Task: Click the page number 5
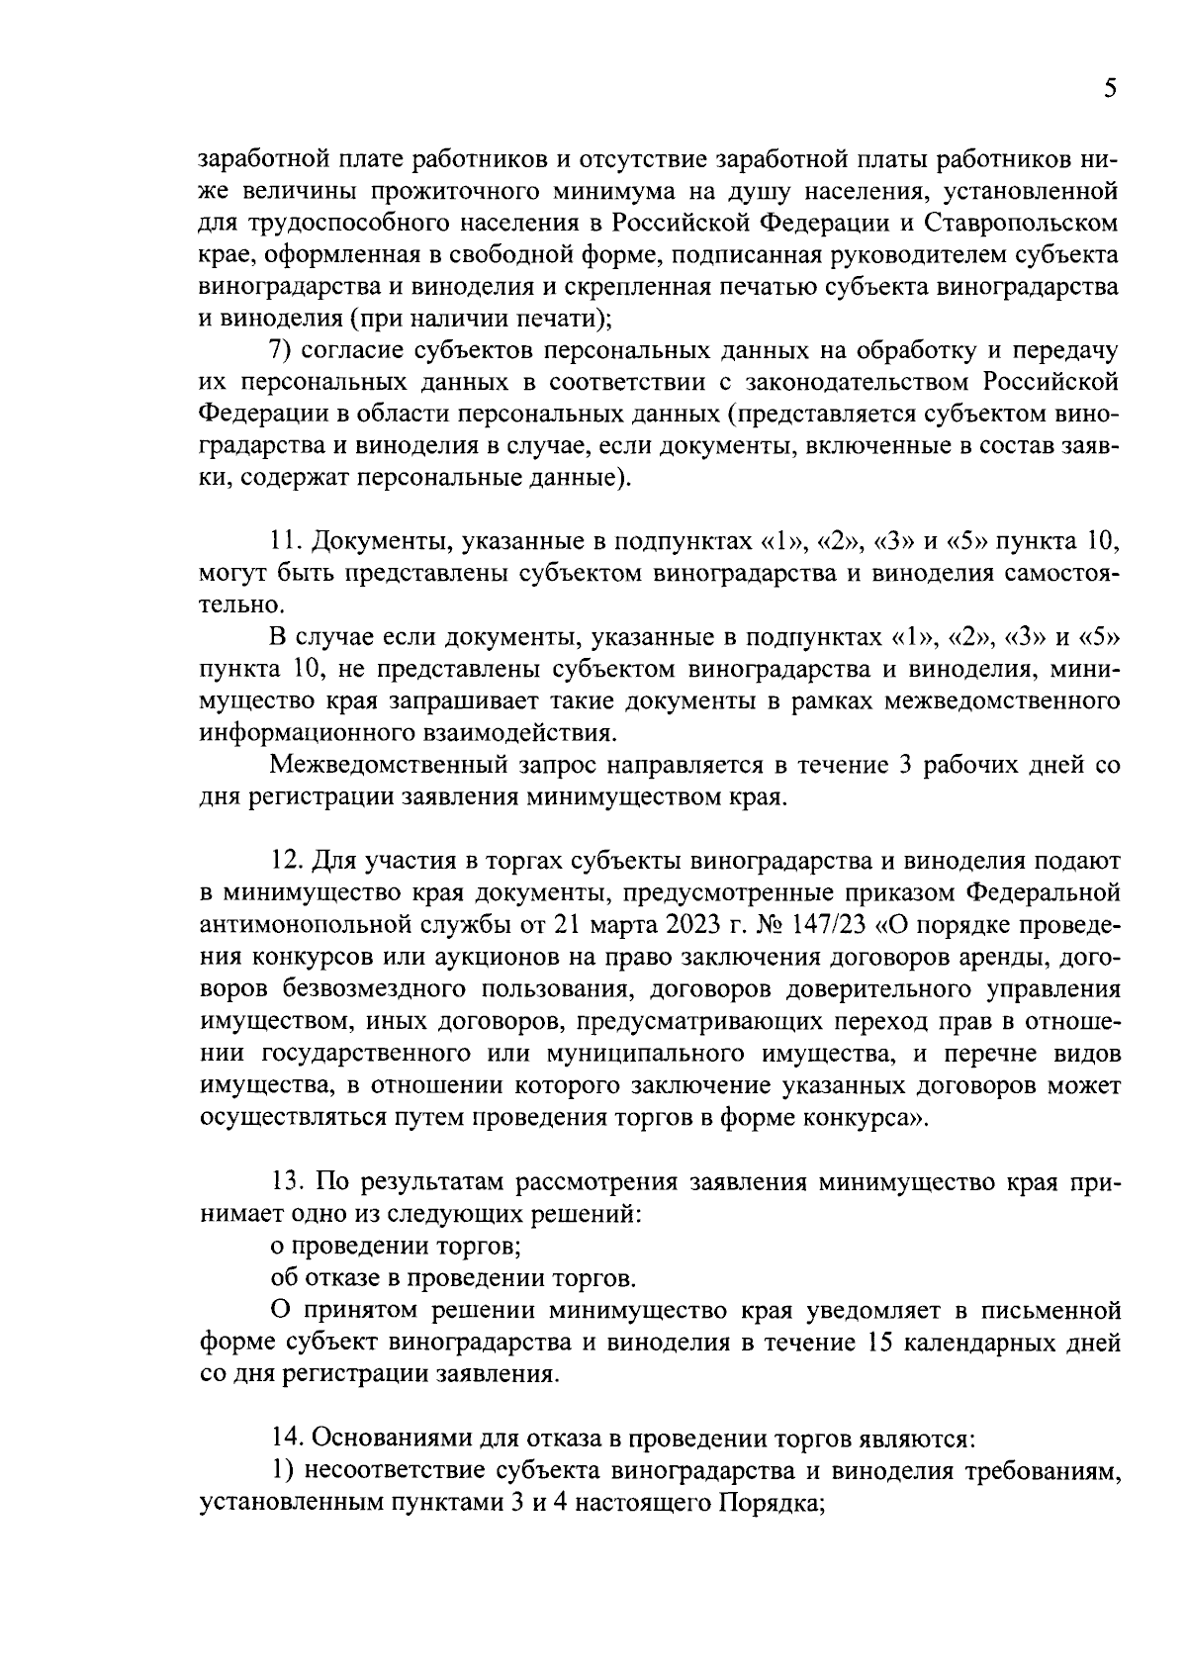point(1111,89)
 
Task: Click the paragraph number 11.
point(283,541)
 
